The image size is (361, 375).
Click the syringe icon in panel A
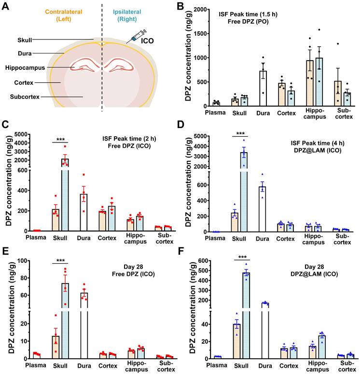click(135, 38)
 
